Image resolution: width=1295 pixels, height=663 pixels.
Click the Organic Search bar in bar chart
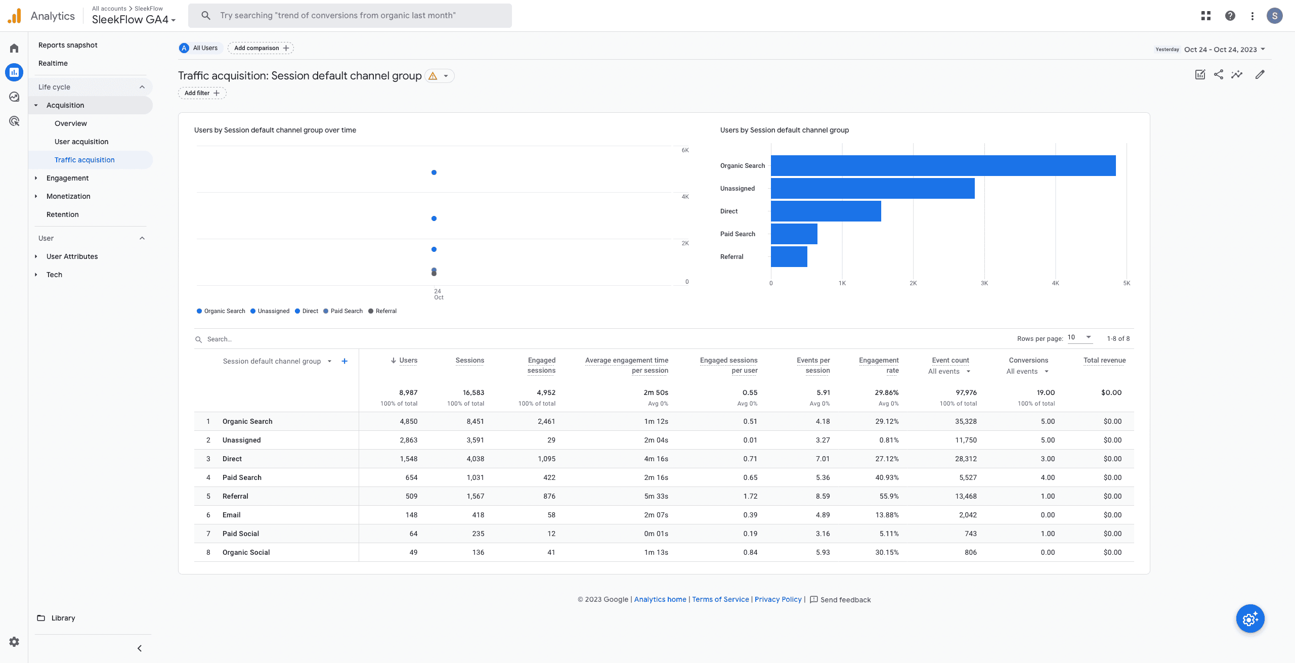(943, 165)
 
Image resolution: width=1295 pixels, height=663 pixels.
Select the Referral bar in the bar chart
(789, 256)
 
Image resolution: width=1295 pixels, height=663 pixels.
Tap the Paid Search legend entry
(346, 311)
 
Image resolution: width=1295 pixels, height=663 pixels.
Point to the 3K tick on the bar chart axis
(984, 283)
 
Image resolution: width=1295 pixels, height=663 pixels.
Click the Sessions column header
(469, 360)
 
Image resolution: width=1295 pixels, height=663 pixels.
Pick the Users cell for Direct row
(408, 459)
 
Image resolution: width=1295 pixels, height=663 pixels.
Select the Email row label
(231, 515)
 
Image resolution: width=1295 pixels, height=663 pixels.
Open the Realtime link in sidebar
(53, 63)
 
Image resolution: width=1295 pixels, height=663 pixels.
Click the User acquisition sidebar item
(81, 142)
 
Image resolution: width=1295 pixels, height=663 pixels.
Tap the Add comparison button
(261, 48)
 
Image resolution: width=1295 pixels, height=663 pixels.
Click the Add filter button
(202, 93)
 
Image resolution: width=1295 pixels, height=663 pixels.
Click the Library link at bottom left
(63, 618)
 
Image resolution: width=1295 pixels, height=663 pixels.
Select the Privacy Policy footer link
(778, 599)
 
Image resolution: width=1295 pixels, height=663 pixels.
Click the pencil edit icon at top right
(1260, 75)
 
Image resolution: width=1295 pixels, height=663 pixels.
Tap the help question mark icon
(1230, 16)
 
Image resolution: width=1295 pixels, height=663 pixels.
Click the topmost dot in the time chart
(434, 172)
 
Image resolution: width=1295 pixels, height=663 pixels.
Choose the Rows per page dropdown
(1080, 337)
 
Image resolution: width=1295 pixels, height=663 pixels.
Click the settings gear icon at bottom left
(14, 642)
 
